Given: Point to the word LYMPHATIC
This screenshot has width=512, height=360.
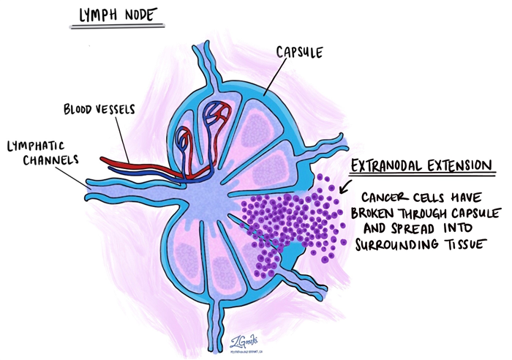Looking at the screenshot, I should pyautogui.click(x=37, y=146).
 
